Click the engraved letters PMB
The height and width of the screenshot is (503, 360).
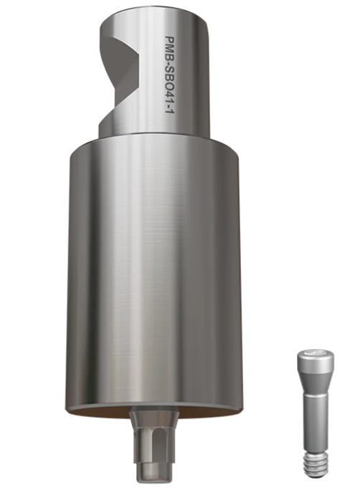170,47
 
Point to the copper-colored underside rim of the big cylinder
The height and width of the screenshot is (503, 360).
153,414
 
